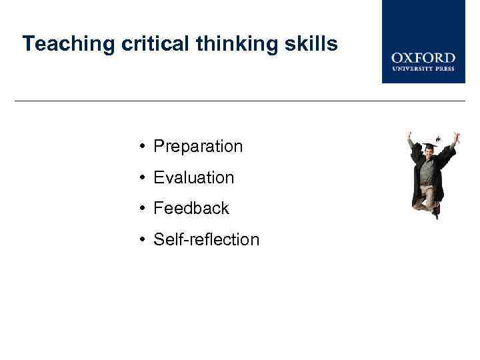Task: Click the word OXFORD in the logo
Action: [x=423, y=59]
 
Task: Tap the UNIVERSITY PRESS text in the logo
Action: [x=423, y=69]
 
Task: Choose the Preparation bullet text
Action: [x=198, y=147]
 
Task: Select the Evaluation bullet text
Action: [x=193, y=178]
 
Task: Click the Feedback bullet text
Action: [x=191, y=209]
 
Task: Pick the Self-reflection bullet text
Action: [x=206, y=240]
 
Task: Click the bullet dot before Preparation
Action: [x=143, y=147]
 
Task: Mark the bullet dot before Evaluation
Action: [x=143, y=178]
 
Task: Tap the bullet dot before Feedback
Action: [x=143, y=209]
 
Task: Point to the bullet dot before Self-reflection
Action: [x=143, y=240]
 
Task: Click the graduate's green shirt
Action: [x=427, y=171]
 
